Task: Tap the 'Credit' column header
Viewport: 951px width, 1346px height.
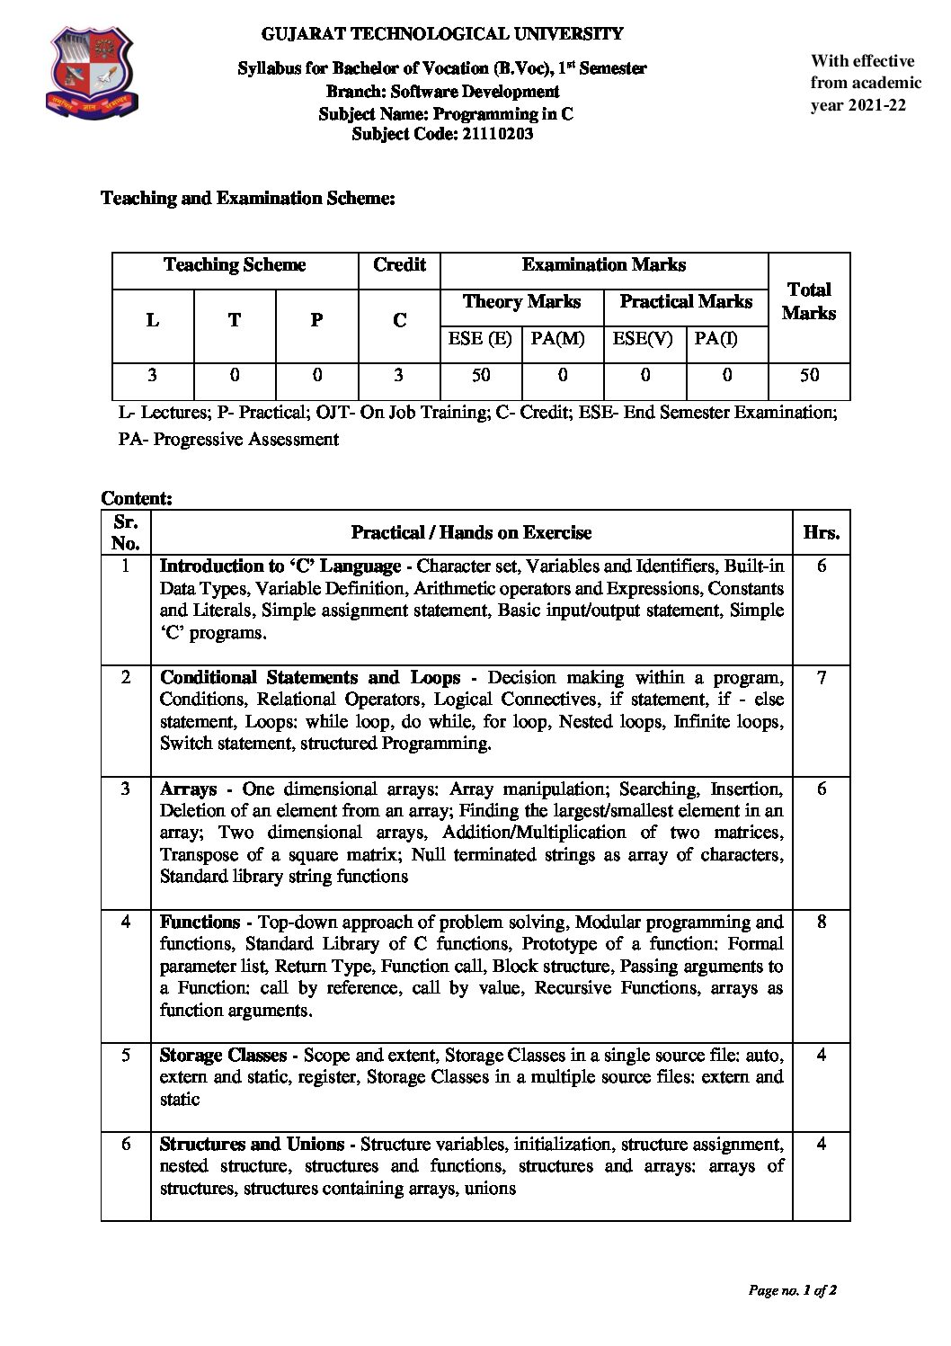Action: coord(399,265)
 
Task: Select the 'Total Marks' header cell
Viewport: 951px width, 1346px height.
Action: coord(808,301)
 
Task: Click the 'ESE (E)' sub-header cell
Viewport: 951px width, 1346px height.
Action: coord(480,340)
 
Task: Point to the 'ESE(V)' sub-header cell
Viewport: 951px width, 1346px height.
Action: coord(643,340)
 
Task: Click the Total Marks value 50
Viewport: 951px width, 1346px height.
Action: coord(809,376)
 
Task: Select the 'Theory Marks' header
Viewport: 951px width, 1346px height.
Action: coord(521,302)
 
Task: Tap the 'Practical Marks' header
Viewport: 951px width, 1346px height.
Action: coord(686,302)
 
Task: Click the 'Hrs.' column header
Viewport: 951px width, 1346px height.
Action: coord(821,532)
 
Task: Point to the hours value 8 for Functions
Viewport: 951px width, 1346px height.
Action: coord(821,922)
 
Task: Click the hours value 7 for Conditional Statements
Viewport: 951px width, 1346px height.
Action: coord(821,678)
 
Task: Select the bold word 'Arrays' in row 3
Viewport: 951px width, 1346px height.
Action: coord(189,789)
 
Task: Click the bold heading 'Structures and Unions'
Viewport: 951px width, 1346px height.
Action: coord(252,1145)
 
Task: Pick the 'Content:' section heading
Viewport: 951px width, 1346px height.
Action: coord(137,498)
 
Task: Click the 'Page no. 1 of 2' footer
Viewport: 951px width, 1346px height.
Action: coord(793,1291)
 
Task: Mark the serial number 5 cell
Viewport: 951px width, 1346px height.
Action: coord(126,1055)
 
